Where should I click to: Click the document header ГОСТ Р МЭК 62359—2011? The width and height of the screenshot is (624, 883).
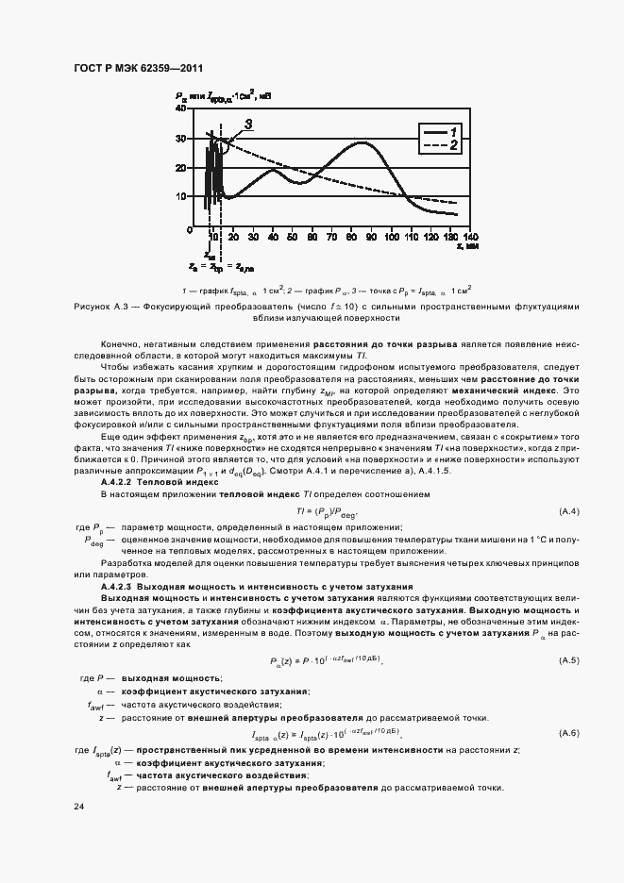[x=138, y=69]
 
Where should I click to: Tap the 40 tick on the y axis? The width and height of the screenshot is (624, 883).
[x=181, y=109]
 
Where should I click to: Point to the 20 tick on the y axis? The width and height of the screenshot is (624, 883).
[x=181, y=168]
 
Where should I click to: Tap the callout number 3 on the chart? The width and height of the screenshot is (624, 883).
[x=248, y=124]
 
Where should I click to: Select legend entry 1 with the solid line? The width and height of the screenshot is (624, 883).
[x=439, y=131]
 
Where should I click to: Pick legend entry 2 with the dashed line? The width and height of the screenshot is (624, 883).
[x=439, y=146]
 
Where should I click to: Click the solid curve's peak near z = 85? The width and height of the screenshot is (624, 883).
[x=363, y=142]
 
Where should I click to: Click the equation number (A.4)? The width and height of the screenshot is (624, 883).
[x=569, y=511]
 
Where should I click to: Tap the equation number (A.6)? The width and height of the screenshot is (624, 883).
[x=569, y=733]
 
